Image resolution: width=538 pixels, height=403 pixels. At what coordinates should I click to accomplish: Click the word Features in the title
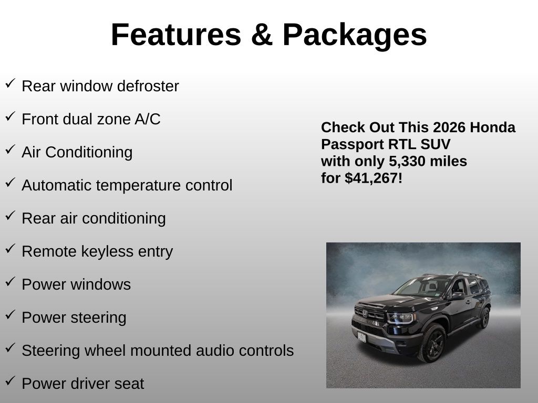[176, 35]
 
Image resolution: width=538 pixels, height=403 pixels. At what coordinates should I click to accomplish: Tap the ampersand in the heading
[262, 35]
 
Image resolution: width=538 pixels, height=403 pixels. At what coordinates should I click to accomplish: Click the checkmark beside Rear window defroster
[11, 83]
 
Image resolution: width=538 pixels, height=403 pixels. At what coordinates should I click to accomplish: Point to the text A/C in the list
[148, 119]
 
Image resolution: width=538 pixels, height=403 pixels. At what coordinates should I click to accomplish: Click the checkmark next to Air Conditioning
[11, 150]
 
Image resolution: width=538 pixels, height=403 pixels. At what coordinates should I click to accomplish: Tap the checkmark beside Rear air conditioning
[11, 216]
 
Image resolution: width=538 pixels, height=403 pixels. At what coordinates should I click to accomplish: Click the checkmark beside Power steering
[11, 315]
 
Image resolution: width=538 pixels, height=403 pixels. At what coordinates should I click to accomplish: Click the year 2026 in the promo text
[444, 128]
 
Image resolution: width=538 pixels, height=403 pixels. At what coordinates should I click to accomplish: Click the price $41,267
[371, 178]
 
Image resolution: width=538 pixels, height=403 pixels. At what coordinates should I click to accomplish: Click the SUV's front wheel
[432, 343]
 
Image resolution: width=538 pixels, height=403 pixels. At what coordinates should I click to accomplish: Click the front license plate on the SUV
[361, 337]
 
